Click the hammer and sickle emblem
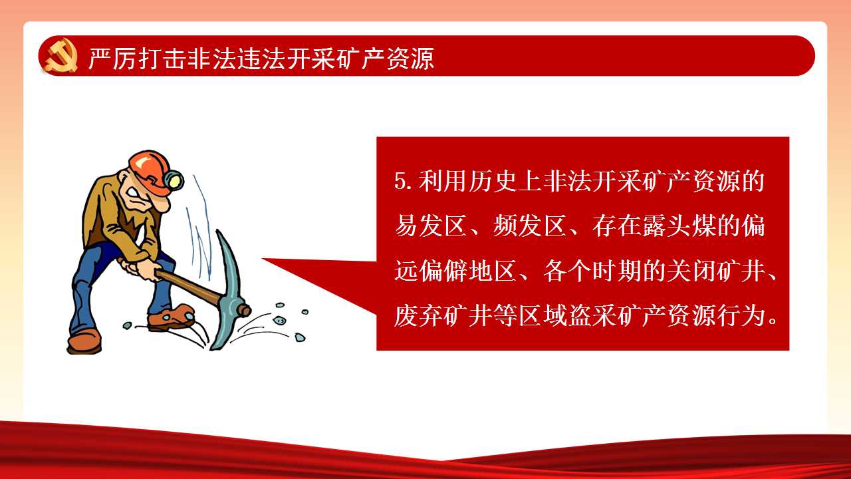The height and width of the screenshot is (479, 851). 61,55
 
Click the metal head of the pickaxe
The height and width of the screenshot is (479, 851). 228,289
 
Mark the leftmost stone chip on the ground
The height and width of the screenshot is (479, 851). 127,325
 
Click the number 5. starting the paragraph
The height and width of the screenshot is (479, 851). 404,182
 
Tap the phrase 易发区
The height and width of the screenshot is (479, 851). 431,226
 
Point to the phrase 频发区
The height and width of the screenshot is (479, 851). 530,226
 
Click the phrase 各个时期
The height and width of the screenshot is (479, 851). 592,271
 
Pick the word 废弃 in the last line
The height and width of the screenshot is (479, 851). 418,316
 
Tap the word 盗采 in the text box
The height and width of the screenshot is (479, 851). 592,316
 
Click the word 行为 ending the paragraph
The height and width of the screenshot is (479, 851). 741,316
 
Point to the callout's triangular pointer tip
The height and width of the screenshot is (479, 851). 263,259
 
